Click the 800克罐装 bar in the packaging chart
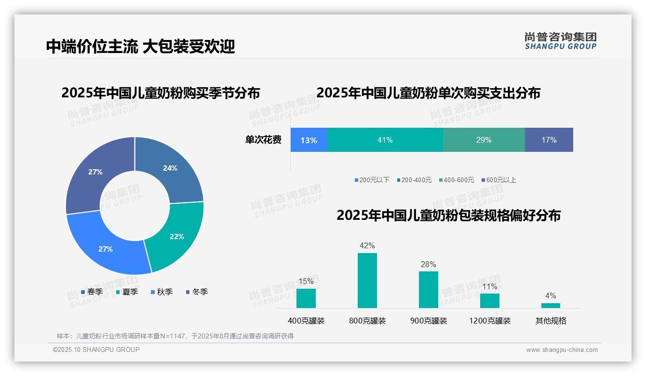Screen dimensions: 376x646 (367, 281)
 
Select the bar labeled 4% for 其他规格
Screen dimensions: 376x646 (551, 305)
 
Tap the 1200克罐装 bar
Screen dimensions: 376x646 (489, 301)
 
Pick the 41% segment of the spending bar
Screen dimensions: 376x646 (385, 140)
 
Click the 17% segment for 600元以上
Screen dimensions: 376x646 (549, 140)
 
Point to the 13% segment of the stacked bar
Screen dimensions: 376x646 (309, 140)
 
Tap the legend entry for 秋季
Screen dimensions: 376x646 (161, 292)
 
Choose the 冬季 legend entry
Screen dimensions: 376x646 (197, 292)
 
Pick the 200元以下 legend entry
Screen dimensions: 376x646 (372, 180)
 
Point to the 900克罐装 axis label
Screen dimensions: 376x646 (428, 321)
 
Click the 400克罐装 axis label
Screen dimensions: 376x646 (306, 321)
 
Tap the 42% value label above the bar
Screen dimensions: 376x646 (367, 246)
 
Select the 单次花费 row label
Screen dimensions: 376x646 (263, 140)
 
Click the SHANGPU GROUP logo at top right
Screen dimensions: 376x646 (560, 41)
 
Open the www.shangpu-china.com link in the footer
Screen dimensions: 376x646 (562, 350)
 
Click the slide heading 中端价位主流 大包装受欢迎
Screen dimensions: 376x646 (140, 46)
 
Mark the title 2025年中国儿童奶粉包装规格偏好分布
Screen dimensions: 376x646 (448, 215)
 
